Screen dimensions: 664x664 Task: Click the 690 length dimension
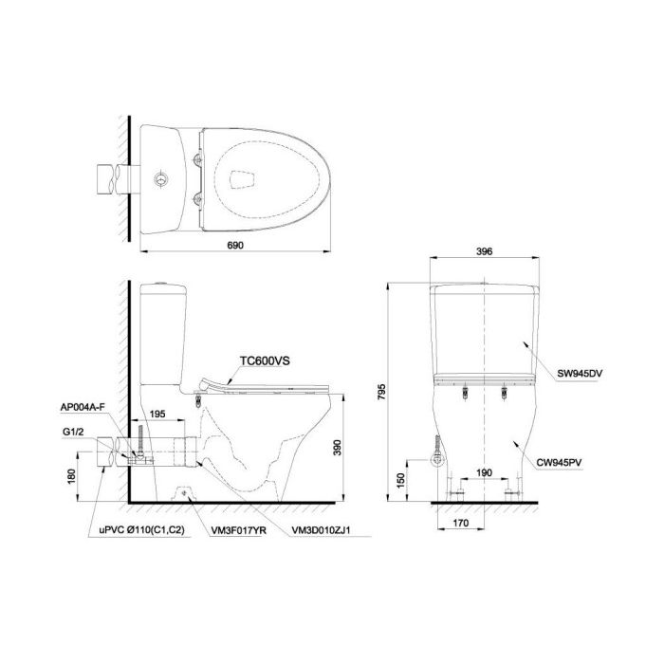coord(235,245)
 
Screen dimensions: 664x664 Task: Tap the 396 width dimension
coord(485,251)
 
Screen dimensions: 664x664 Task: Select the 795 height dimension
coord(381,393)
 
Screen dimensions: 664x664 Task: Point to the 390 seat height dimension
coord(337,448)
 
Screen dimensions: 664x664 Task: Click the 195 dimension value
coord(157,414)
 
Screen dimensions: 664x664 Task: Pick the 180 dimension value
coord(71,476)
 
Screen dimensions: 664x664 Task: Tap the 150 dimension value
coord(400,481)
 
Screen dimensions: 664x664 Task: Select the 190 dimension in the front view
coord(484,472)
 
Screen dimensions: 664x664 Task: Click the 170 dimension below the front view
coord(461,523)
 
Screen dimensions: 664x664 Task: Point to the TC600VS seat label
coord(265,361)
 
